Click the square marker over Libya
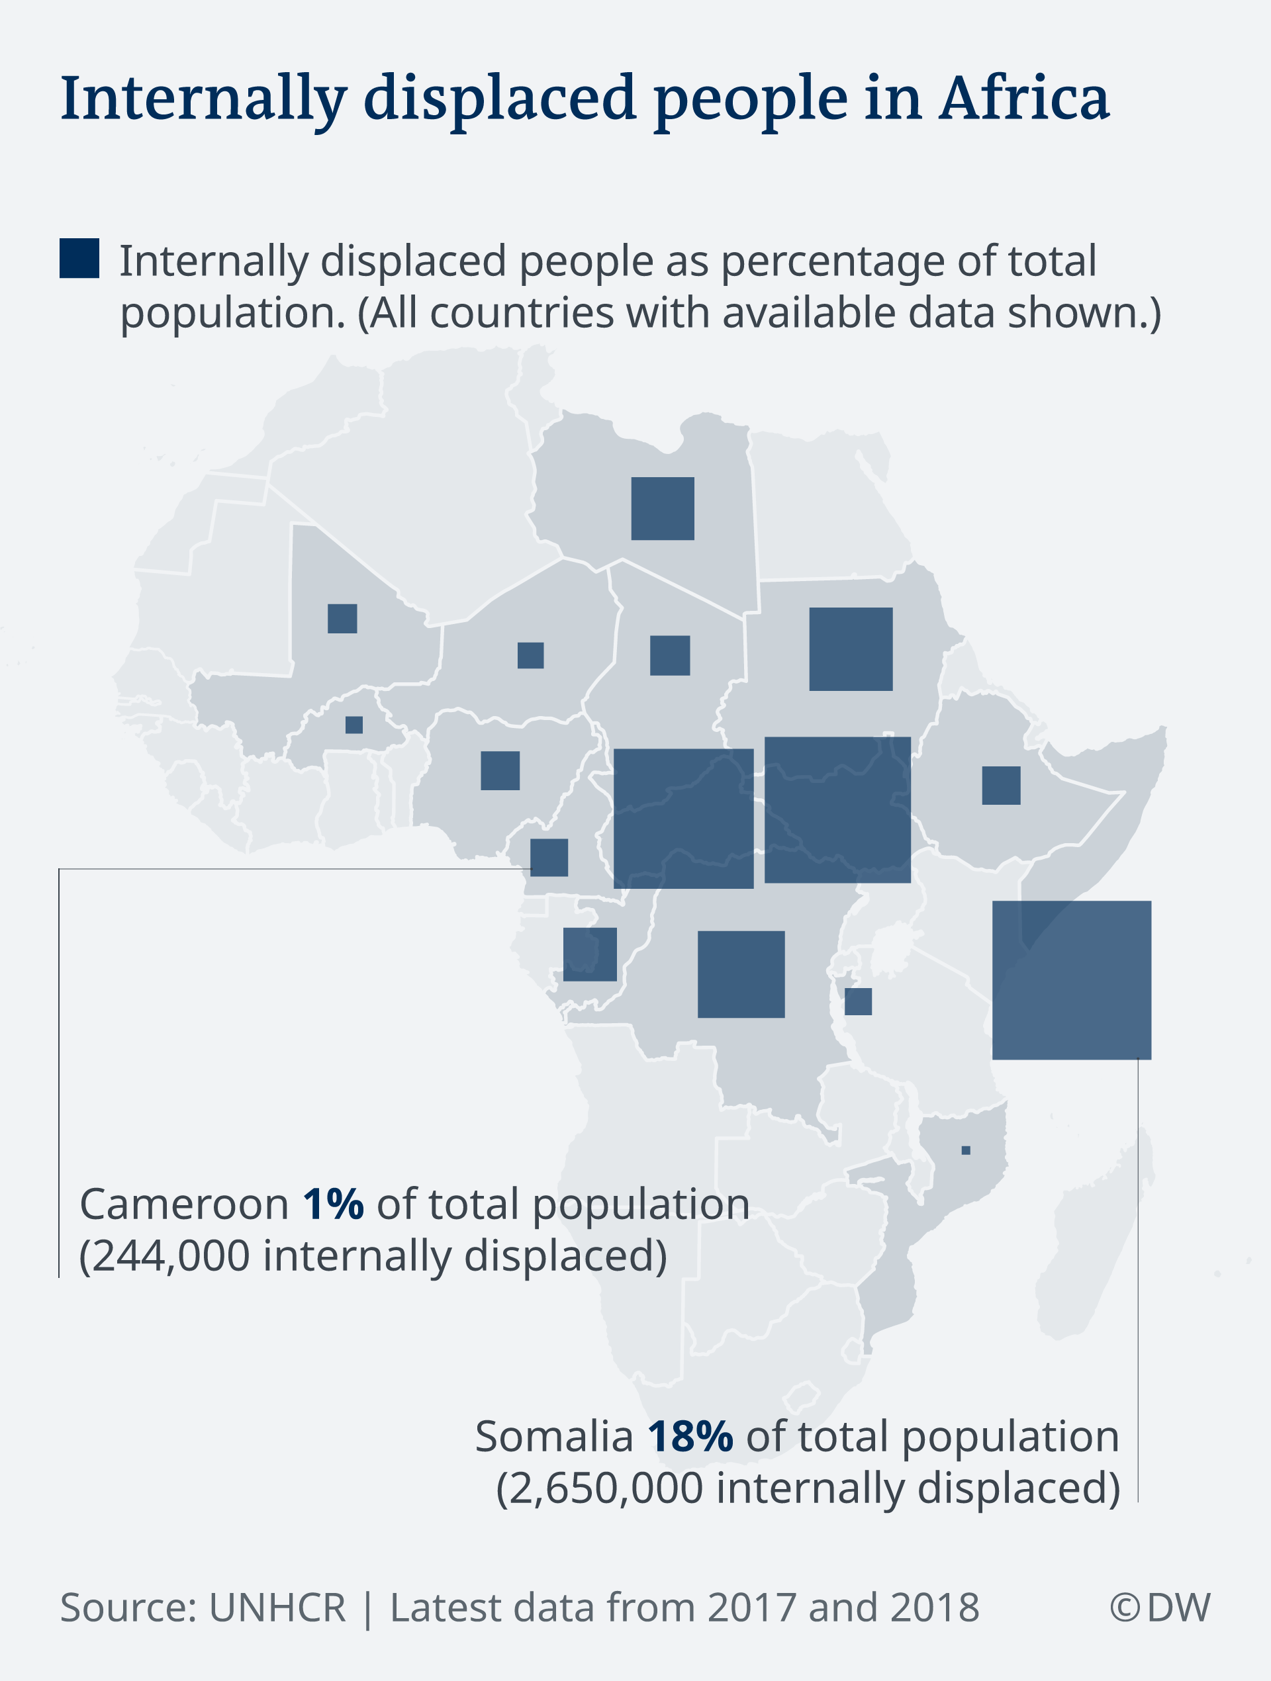point(662,508)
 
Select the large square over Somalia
point(1071,979)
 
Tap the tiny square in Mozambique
point(965,1150)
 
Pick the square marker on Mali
point(342,619)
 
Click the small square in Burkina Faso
point(353,724)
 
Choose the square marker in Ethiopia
point(1000,785)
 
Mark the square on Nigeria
point(500,770)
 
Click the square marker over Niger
point(531,655)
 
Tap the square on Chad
point(670,655)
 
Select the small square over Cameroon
point(549,857)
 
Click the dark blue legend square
point(79,258)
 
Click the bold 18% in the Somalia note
point(690,1435)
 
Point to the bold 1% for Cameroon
point(333,1204)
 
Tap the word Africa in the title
point(1024,99)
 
